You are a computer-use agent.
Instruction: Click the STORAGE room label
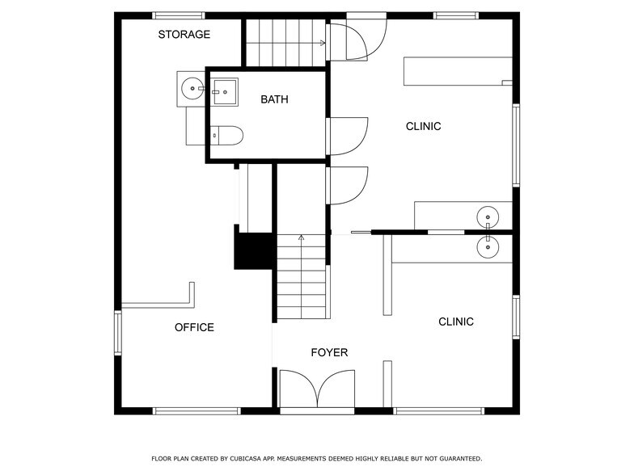pos(184,34)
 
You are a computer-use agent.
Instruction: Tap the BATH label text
pos(274,99)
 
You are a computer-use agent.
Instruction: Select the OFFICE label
pos(194,327)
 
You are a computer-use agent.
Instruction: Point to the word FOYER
pos(329,352)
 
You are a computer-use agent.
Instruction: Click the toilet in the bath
pos(226,136)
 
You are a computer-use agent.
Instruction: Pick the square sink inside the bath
pos(225,92)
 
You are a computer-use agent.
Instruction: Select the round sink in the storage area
pos(192,88)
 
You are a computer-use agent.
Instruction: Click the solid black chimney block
pos(253,250)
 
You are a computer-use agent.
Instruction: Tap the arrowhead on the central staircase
pos(301,237)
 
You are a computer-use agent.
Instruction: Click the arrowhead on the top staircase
pos(323,43)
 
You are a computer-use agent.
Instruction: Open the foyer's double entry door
pos(317,389)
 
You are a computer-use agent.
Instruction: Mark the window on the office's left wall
pos(118,333)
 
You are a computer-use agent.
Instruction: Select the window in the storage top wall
pos(178,16)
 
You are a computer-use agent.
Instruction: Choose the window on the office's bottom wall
pos(197,411)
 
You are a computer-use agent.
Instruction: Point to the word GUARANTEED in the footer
pos(461,459)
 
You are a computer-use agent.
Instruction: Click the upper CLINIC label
pos(424,126)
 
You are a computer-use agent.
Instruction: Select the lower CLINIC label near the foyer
pos(456,322)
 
